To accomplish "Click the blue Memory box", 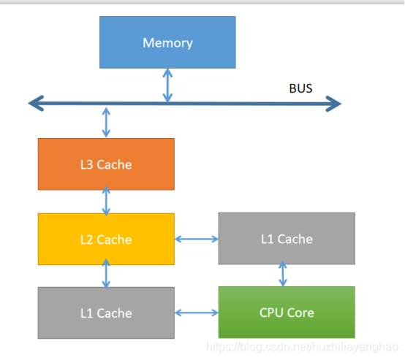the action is tap(167, 42).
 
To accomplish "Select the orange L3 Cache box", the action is tap(106, 164).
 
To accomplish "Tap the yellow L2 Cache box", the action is tap(106, 239).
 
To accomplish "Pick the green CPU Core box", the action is tap(287, 313).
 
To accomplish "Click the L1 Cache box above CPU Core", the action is tap(287, 239).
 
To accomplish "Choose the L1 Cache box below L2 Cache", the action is tap(106, 313).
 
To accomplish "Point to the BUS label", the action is tap(300, 88).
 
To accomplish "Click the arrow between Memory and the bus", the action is tap(167, 85).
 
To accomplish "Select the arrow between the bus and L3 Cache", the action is tap(106, 123).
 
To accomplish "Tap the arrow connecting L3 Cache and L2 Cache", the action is tap(106, 202).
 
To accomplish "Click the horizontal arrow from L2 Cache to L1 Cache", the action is tap(197, 239).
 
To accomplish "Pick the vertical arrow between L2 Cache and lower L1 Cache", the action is tap(106, 274).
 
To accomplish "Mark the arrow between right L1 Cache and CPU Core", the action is tap(283, 274).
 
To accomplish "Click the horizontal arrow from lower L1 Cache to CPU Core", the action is tap(197, 313).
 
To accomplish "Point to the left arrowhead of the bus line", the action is tap(36, 103).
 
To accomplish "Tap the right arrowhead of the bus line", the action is tap(333, 104).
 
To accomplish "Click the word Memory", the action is tap(167, 43).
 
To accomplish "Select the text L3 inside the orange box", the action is tap(86, 164).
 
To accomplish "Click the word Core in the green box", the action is tap(300, 313).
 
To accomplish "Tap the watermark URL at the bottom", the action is tap(302, 347).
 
